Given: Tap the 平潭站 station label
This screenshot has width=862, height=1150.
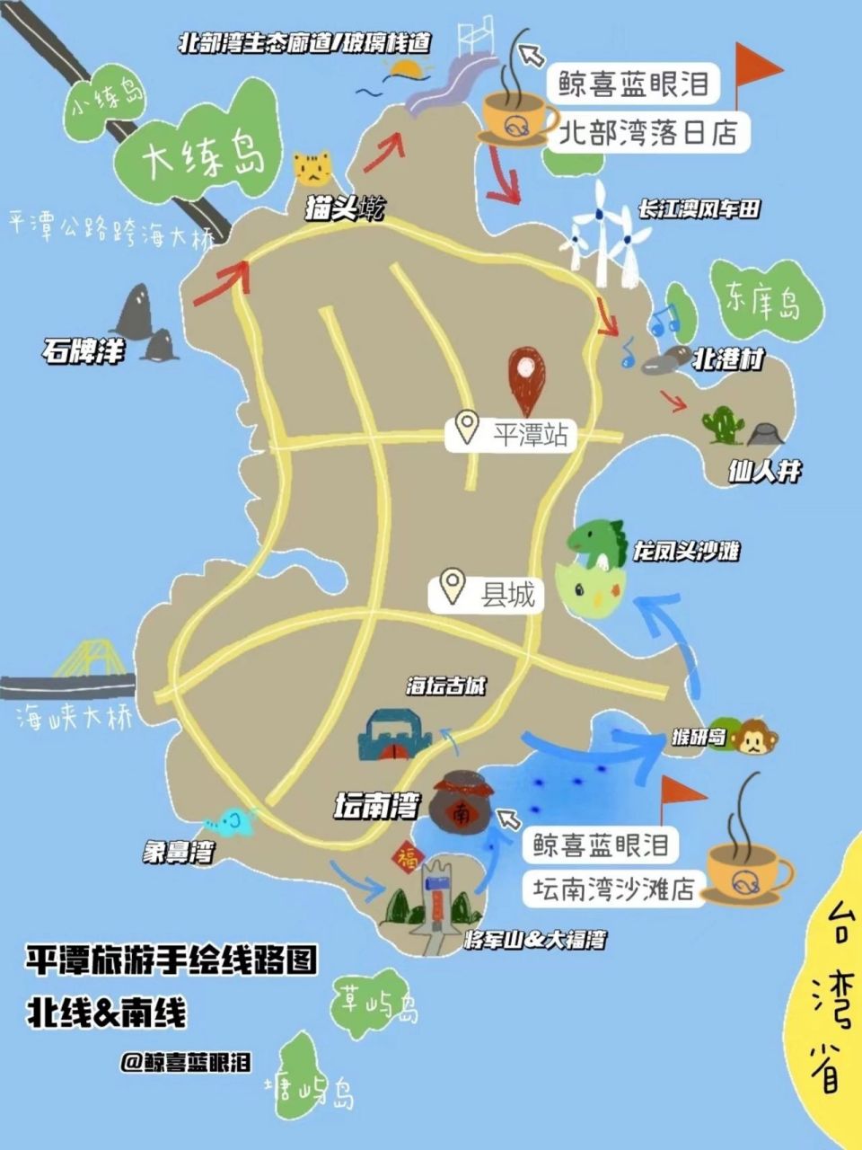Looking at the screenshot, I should pos(513,435).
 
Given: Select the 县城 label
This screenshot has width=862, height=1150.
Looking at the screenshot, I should pos(490,594).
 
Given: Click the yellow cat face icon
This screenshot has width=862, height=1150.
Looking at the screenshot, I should pos(312,167).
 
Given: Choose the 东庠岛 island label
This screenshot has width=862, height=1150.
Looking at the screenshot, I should pos(763,302).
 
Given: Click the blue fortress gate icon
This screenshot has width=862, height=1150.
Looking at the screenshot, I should pos(393,736).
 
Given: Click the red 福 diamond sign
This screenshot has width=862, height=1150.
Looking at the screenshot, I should pos(406,854).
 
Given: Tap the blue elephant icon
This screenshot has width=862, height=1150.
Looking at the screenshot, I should pos(230,820).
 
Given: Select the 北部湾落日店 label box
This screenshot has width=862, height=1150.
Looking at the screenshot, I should pos(647,133).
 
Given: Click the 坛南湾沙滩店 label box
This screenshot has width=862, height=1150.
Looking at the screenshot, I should pos(613,889).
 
